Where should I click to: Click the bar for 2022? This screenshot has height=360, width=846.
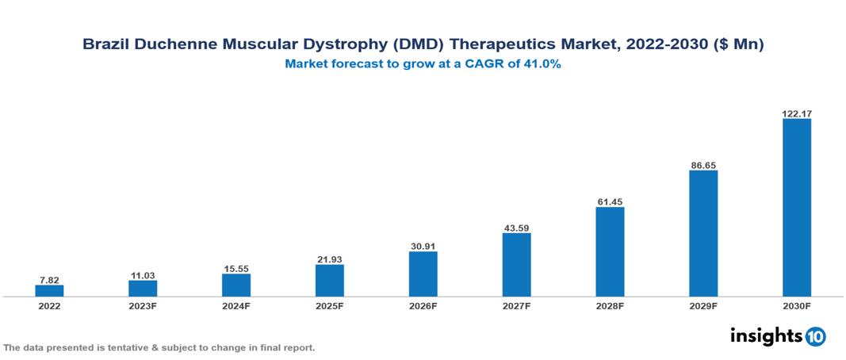pos(49,291)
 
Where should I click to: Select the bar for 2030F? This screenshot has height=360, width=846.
pos(797,208)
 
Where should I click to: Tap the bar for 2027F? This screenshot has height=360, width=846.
pos(516,265)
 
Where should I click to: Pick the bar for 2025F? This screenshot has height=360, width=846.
pos(330,280)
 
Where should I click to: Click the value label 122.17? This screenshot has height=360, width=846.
pos(797,114)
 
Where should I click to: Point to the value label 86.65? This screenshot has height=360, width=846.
pos(703,166)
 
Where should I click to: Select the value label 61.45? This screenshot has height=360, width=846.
pos(610,202)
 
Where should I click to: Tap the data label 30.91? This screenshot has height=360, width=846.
pos(423,247)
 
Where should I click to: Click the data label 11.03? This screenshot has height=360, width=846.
pos(143,275)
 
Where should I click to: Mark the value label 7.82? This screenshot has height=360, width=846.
pos(49,280)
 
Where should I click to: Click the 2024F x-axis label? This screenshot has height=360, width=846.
pos(236,305)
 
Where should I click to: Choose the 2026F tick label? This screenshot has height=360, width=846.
pos(423,305)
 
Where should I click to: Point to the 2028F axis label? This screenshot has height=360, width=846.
pos(610,305)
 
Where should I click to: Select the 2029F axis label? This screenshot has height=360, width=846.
pos(703,305)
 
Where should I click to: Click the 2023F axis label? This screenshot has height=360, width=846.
pos(143,305)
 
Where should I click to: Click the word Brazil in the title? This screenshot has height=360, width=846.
pos(107,45)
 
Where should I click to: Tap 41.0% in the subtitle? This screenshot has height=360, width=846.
pos(542,65)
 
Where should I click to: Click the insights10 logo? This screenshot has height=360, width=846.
pos(778,335)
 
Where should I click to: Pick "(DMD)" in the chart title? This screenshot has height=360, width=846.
pos(422,45)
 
